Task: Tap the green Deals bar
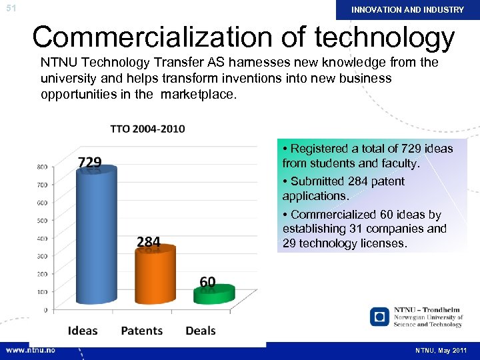(x=214, y=294)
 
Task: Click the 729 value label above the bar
(x=90, y=163)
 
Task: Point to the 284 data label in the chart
(x=149, y=241)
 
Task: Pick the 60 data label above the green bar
(x=207, y=282)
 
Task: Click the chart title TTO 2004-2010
(x=148, y=129)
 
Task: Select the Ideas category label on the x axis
(x=83, y=331)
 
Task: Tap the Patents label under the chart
(x=141, y=331)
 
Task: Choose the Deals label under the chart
(x=201, y=331)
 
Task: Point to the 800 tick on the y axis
(x=41, y=167)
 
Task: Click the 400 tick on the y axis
(x=41, y=238)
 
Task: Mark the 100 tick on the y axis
(x=41, y=292)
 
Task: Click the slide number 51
(x=10, y=9)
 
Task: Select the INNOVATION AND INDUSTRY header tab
(x=407, y=10)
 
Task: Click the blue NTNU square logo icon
(x=379, y=316)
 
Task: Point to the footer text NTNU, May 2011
(x=441, y=351)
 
